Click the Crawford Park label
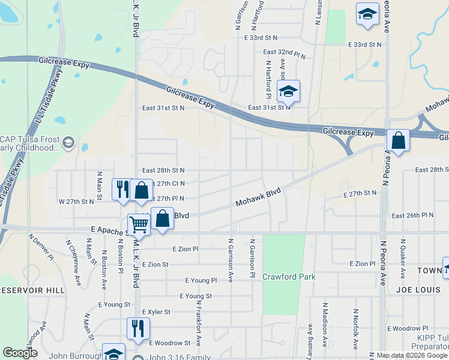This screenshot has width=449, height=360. [289, 277]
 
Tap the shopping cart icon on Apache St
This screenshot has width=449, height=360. [139, 224]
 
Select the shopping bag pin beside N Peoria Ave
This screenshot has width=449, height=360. [398, 141]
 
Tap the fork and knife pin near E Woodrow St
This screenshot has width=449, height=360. [138, 328]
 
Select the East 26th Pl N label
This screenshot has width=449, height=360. [412, 215]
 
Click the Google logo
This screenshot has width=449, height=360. [20, 353]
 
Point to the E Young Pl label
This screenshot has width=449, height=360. [200, 280]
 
